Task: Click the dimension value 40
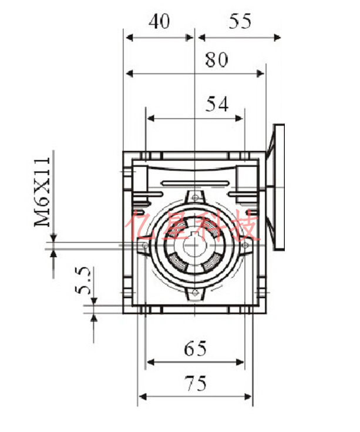pyautogui.click(x=159, y=22)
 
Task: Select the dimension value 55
pyautogui.click(x=240, y=22)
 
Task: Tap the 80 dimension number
pyautogui.click(x=217, y=60)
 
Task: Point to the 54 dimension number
pyautogui.click(x=217, y=104)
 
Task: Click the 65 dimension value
pyautogui.click(x=195, y=349)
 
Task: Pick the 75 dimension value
pyautogui.click(x=196, y=383)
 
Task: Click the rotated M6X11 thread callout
pyautogui.click(x=42, y=192)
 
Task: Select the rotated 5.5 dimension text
pyautogui.click(x=82, y=280)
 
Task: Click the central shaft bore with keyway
pyautogui.click(x=194, y=245)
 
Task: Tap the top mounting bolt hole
pyautogui.click(x=195, y=197)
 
